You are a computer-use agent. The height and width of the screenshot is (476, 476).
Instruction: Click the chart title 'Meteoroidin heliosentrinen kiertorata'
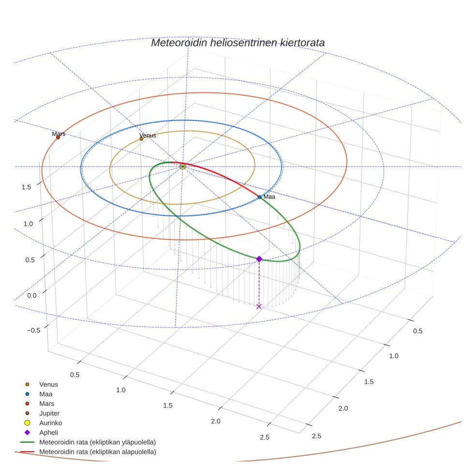[238, 43]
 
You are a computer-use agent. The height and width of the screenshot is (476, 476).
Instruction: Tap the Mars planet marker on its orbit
[58, 137]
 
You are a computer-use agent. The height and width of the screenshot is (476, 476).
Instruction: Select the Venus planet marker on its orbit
[141, 139]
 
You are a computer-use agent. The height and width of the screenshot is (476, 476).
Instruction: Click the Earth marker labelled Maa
[260, 197]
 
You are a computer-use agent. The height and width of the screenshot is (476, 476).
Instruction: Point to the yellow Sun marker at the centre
[182, 166]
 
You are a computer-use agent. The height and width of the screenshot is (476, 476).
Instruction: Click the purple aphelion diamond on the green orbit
[259, 259]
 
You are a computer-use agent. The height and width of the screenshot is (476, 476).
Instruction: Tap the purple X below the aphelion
[259, 306]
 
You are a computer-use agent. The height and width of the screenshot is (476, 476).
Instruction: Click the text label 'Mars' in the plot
[59, 134]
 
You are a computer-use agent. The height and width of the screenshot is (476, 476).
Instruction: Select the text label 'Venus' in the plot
[148, 135]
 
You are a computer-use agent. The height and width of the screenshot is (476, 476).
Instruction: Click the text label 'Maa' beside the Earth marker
[269, 197]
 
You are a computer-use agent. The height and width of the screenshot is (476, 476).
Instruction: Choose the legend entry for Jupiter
[49, 413]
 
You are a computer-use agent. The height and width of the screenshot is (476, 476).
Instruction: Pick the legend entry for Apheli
[48, 432]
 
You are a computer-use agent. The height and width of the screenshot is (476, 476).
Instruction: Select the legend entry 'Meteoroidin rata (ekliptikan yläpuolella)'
[97, 442]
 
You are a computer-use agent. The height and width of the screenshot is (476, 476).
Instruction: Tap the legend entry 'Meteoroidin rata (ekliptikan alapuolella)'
[97, 452]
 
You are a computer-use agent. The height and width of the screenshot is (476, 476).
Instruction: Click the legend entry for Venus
[48, 384]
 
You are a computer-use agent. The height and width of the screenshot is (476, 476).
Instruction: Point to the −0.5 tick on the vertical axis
[34, 330]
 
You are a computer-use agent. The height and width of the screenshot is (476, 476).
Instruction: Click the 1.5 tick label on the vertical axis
[27, 187]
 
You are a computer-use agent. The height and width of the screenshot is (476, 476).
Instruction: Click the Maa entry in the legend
[46, 394]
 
